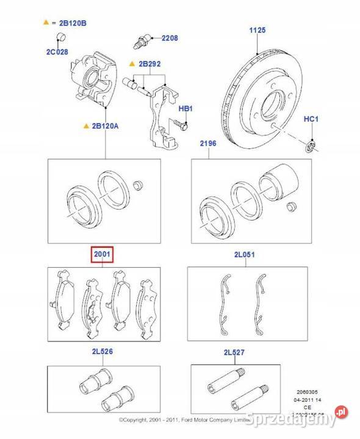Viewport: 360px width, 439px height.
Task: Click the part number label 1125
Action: pos(258,30)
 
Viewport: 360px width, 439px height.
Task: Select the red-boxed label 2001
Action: pos(102,254)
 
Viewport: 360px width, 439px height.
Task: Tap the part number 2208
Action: pos(169,38)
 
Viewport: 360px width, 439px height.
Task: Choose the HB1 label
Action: pos(185,108)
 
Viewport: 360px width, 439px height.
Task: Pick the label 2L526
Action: pos(102,352)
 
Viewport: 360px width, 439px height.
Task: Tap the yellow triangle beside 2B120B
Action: pos(45,23)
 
